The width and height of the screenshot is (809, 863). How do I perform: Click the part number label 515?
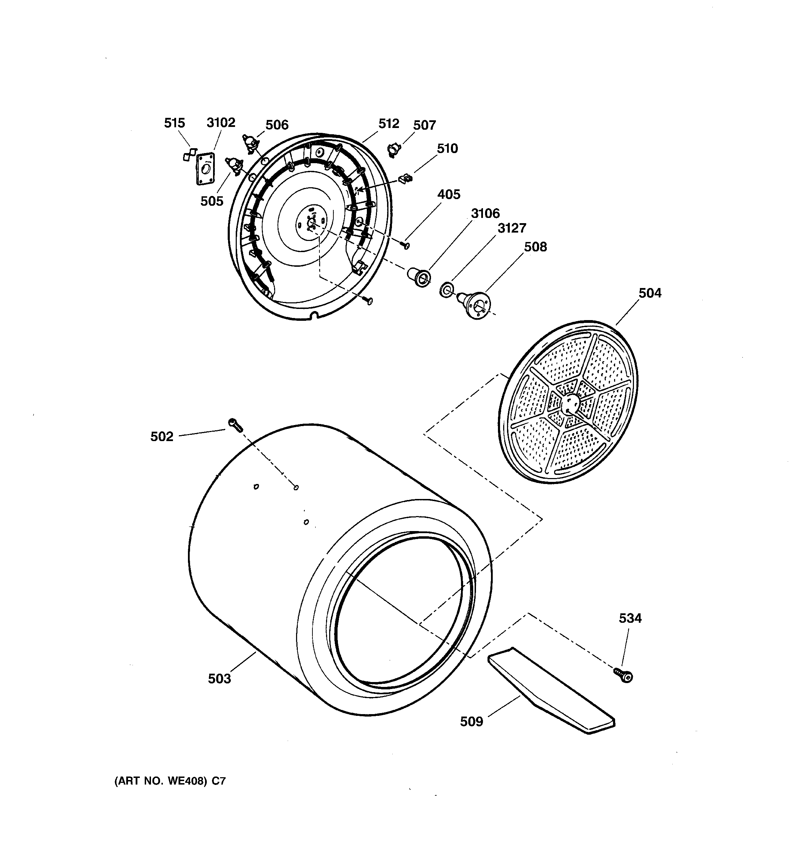[174, 123]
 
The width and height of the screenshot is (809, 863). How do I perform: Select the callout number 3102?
[221, 123]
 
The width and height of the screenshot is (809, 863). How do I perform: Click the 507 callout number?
[424, 125]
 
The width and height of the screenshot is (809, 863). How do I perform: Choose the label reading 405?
[448, 195]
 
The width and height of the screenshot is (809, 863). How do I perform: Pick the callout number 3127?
[512, 228]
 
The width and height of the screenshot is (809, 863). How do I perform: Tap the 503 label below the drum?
[219, 679]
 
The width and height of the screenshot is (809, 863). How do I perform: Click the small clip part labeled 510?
[405, 178]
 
